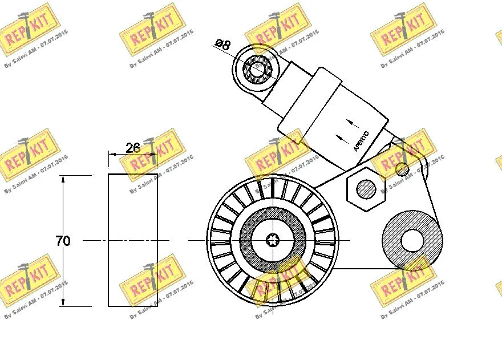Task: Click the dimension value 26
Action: pos(132,148)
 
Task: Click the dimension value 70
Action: pos(63,241)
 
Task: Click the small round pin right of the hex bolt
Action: pos(402,169)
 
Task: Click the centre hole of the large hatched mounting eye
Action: pos(412,240)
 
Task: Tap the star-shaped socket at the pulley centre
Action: pos(273,240)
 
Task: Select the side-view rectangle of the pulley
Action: pos(133,240)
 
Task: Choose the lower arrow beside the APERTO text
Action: pos(341,137)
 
